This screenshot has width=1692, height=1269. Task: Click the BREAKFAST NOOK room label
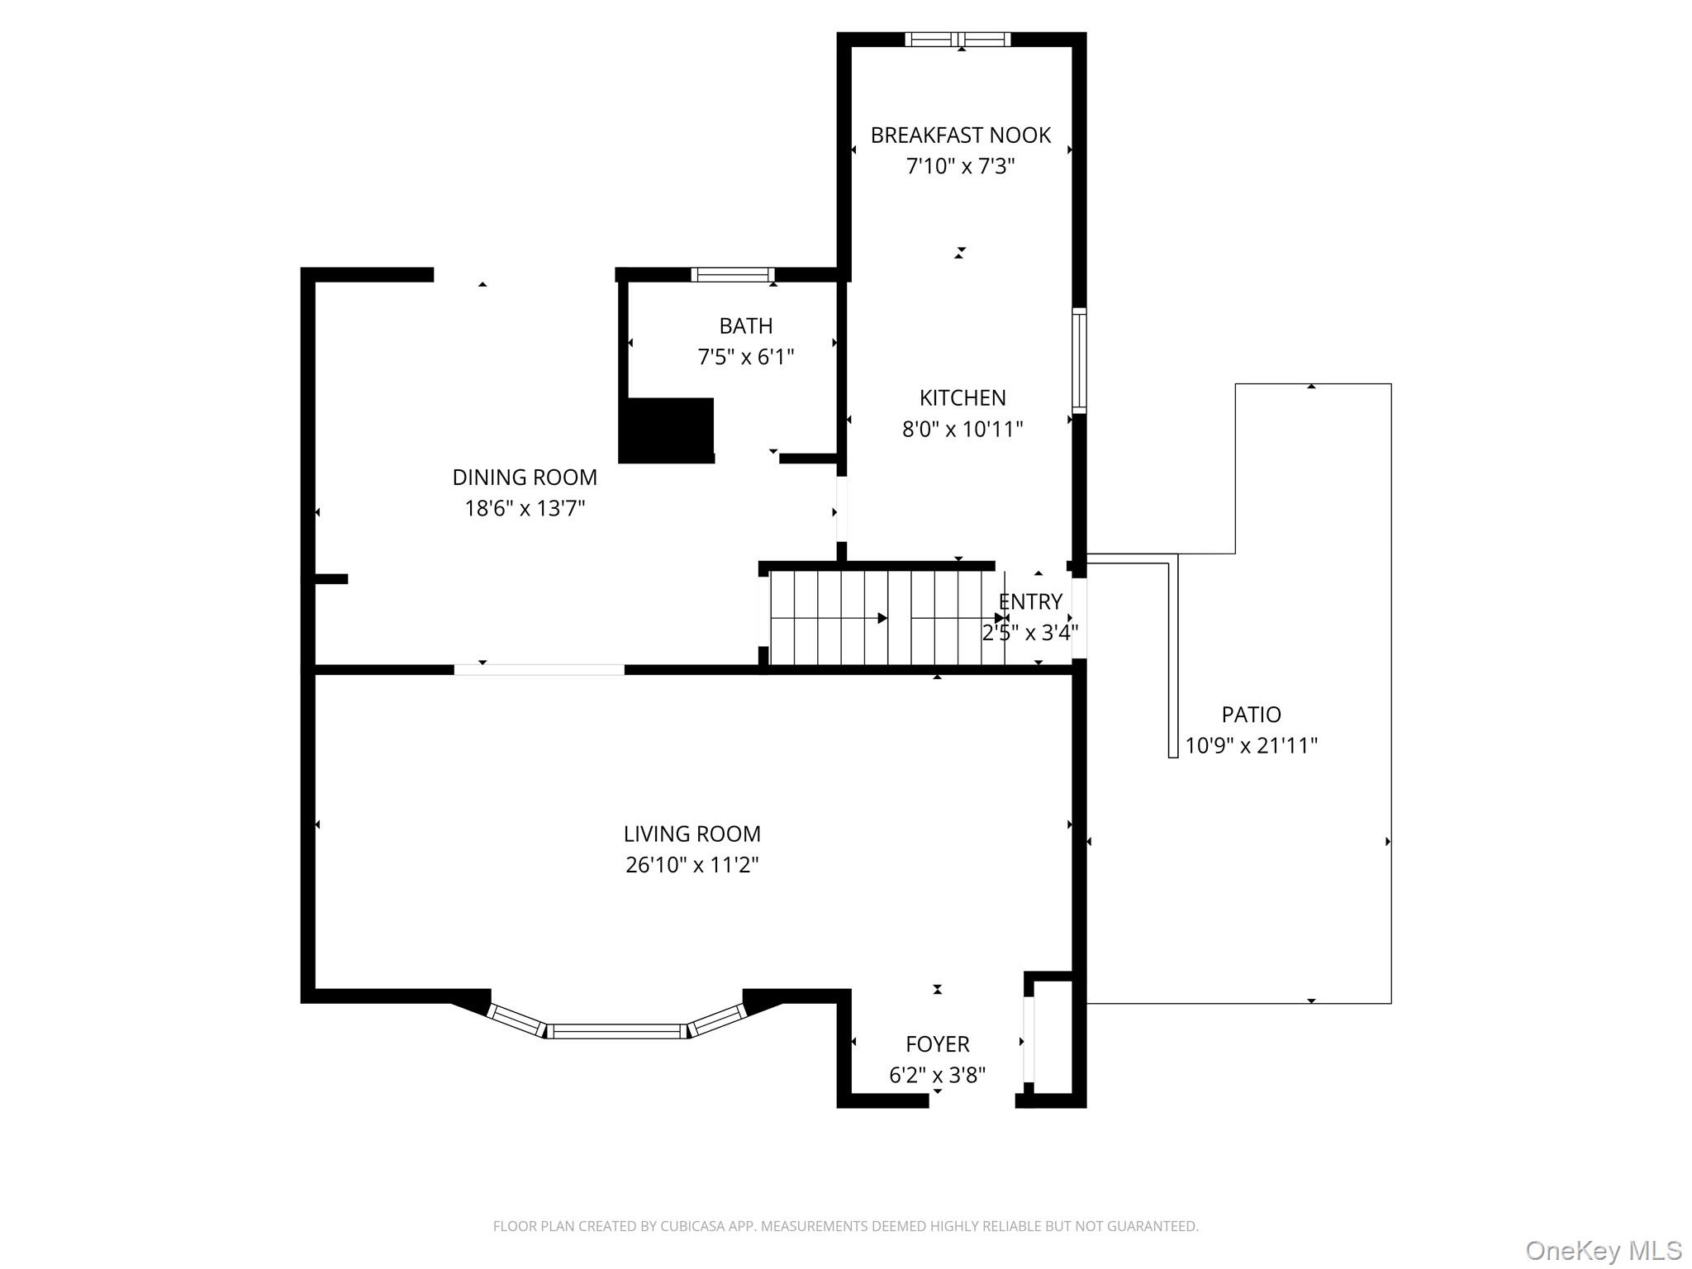click(x=961, y=135)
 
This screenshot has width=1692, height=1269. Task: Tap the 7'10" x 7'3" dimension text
click(x=961, y=166)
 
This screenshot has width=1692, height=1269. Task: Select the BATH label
click(x=746, y=326)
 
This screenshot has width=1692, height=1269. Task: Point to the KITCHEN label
click(x=962, y=397)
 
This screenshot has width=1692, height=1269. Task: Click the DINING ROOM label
click(x=525, y=477)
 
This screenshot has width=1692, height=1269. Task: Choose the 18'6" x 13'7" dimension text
click(x=525, y=508)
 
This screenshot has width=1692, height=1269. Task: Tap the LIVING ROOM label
click(x=692, y=834)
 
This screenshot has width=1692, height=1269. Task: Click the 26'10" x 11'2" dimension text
click(x=692, y=865)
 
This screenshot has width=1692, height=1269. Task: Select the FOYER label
click(x=938, y=1044)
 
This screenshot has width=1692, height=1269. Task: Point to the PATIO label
click(x=1252, y=715)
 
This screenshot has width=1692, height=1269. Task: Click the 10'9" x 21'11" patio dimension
click(x=1252, y=746)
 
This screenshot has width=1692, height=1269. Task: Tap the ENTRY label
click(x=1030, y=601)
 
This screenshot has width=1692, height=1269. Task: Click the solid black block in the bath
click(x=666, y=430)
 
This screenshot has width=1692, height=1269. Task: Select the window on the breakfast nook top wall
click(x=958, y=39)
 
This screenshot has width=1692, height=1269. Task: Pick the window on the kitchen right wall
click(x=1079, y=360)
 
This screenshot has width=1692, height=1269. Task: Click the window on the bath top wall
click(x=733, y=274)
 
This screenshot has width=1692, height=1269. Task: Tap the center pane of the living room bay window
click(x=617, y=1030)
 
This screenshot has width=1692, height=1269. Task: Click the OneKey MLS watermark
click(x=1604, y=1251)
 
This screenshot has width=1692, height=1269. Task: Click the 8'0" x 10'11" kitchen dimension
click(x=962, y=429)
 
